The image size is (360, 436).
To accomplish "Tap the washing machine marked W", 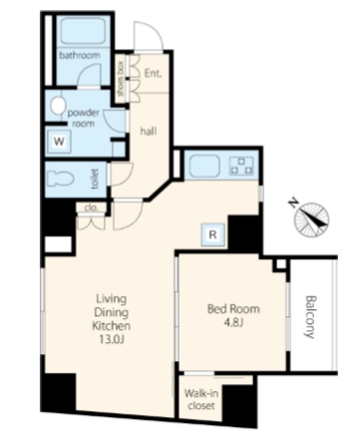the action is pos(59,142).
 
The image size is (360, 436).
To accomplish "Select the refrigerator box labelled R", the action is pos(213,234).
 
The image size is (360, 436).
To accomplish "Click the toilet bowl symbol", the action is pos(60,179).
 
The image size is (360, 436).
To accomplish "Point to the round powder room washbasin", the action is pos(58,106).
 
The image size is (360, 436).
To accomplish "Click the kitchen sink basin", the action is pos(204,167).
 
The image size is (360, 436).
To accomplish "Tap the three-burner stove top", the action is pos(242,166).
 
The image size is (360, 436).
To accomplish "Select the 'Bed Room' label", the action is pos(233,309).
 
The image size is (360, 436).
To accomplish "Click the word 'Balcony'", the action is pos(310,316).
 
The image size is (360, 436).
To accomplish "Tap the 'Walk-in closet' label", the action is pos(201,400).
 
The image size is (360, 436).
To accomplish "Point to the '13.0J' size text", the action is pos(112,339).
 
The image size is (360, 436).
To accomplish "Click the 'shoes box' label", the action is pos(121,79).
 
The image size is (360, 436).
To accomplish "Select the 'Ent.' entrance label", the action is pos(153,73).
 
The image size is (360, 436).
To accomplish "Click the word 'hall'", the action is pos(149,132).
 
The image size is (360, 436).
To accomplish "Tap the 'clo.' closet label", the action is pos(91,209).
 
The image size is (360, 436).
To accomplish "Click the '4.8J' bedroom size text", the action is pos(233,323).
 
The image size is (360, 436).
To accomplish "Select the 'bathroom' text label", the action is pos(80,55).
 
